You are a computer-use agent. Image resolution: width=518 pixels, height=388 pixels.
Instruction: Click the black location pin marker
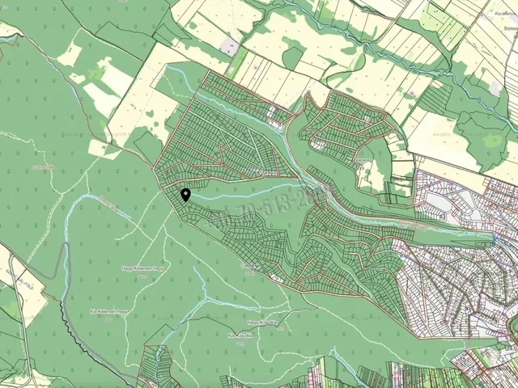[185, 194]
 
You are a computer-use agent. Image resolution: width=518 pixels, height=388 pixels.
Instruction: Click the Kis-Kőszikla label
[241, 333]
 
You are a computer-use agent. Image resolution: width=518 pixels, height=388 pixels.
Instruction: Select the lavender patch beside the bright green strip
[230, 46]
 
